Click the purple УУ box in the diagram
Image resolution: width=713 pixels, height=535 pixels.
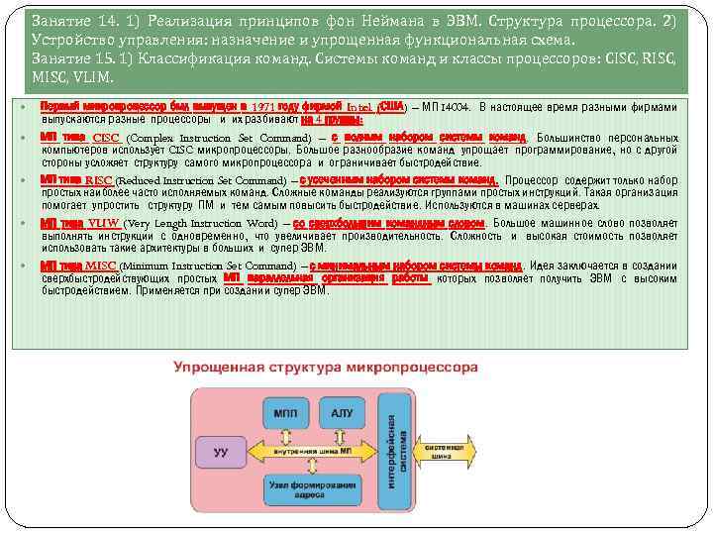[222, 453]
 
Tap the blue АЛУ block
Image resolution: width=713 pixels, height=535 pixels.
[343, 411]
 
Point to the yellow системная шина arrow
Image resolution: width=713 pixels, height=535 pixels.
[446, 451]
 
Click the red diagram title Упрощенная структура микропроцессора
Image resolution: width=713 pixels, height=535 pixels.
[326, 368]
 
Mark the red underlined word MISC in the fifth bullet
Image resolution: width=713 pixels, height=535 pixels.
[101, 267]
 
